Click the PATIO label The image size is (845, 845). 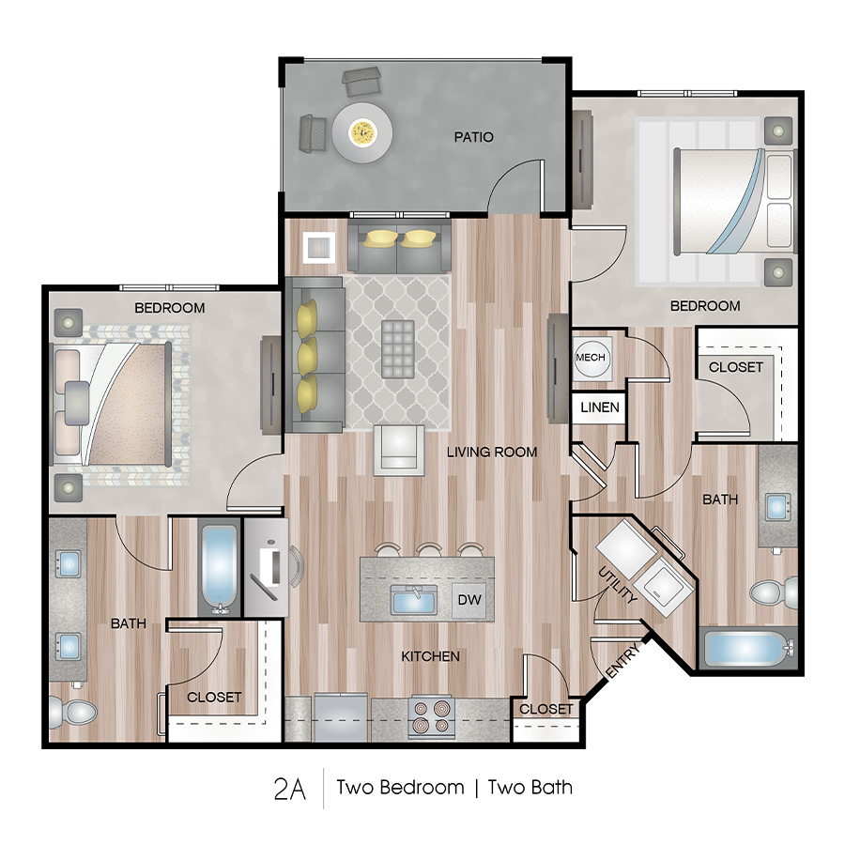pos(473,137)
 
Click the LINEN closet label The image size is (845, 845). pos(599,407)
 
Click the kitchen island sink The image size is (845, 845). pos(412,598)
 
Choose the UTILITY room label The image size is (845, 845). pos(619,583)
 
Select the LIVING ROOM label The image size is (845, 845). pos(492,452)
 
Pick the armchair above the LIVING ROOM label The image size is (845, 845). pos(398,449)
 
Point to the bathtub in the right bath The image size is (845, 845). pos(747,649)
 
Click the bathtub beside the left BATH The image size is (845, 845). pos(220,568)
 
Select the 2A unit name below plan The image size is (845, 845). pos(290,788)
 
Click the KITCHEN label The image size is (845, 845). pos(430,655)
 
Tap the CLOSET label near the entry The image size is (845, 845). pos(545,709)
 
